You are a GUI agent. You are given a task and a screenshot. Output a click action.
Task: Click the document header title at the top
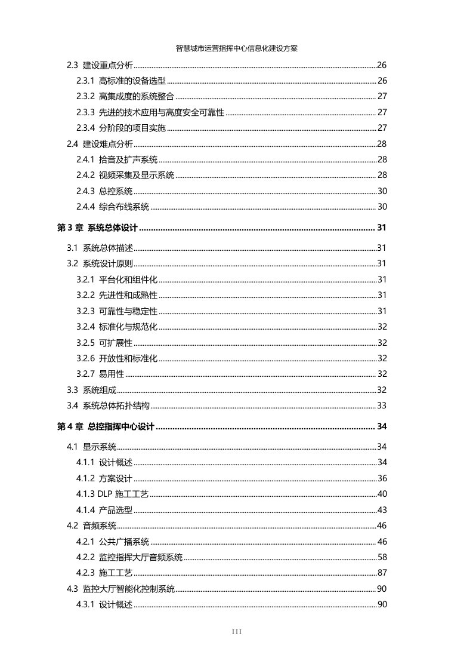(236, 49)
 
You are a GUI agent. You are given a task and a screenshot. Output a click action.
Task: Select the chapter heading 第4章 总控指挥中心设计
(106, 426)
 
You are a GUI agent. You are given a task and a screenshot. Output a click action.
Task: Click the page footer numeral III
(236, 632)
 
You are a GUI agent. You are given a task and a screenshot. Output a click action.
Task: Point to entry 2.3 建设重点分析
(100, 65)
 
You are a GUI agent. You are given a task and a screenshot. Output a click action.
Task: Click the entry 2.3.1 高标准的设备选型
(121, 81)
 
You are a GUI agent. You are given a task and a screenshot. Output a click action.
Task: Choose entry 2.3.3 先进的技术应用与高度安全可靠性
(150, 112)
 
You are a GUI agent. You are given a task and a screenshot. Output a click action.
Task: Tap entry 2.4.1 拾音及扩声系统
(117, 159)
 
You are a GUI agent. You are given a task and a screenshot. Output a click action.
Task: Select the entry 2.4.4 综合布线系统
(113, 207)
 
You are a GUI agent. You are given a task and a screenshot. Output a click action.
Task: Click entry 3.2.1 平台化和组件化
(117, 279)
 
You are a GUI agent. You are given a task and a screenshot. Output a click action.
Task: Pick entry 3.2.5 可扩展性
(104, 343)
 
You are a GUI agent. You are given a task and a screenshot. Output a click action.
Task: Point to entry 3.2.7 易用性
(100, 374)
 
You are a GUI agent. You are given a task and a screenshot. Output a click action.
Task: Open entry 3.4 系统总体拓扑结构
(108, 406)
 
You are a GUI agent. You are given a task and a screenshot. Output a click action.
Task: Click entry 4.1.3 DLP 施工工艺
(113, 494)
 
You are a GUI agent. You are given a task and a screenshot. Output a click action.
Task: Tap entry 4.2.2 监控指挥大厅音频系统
(129, 557)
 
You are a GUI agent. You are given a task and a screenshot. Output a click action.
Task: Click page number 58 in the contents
(382, 557)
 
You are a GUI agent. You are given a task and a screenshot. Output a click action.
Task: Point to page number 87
(382, 573)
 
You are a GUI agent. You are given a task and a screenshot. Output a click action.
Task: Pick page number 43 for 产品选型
(382, 510)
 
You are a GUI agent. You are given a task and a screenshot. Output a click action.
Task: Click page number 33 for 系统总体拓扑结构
(382, 406)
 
